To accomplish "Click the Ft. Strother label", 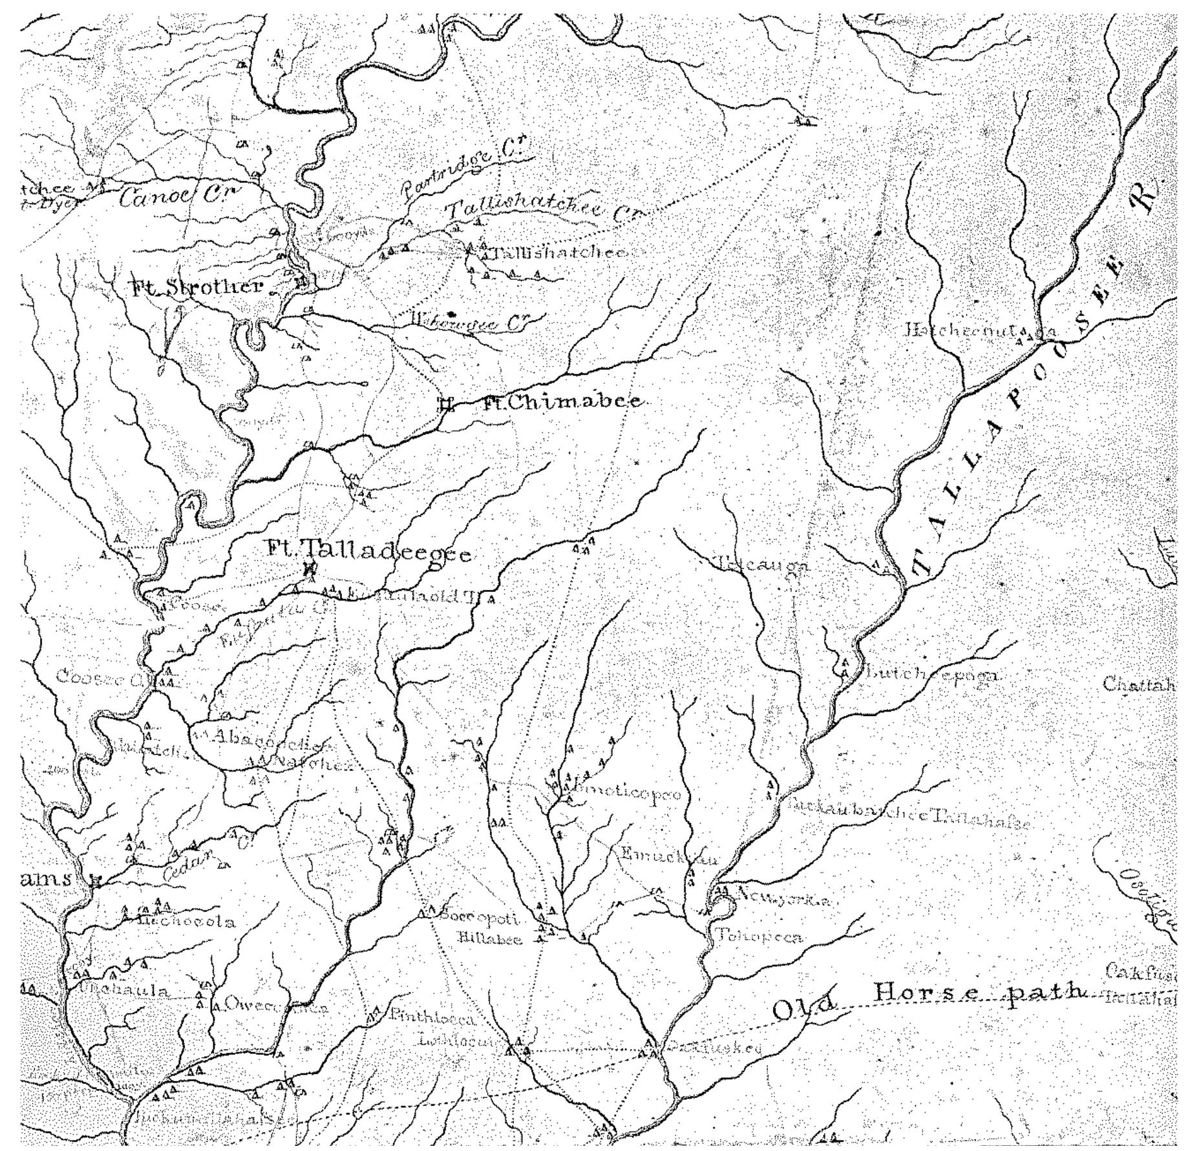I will (196, 288).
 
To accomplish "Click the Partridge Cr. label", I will (464, 170).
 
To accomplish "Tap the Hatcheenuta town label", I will (962, 331).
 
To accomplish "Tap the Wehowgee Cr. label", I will (470, 322).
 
